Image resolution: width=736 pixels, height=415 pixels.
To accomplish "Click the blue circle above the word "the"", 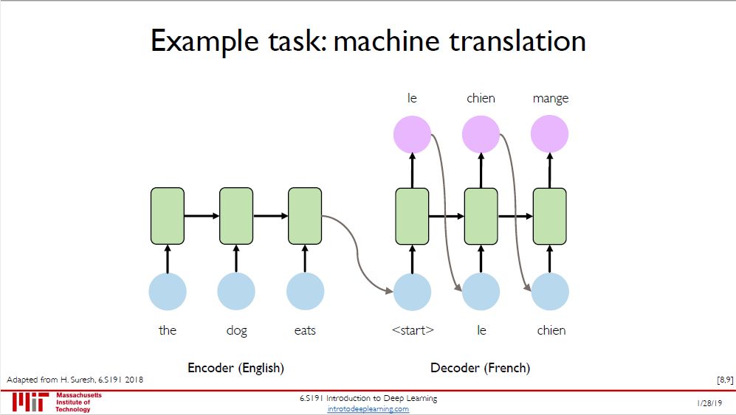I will tap(168, 291).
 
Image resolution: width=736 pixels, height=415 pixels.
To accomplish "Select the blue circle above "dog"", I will tap(236, 291).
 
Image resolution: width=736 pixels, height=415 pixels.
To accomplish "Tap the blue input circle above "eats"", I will tap(305, 291).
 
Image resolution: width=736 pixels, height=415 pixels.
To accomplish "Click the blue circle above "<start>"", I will tap(412, 291).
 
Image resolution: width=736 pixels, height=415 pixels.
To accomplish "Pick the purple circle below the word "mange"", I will tap(550, 134).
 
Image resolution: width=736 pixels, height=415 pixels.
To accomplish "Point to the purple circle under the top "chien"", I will tap(481, 134).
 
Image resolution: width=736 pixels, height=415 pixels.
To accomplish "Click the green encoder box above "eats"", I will tap(305, 216).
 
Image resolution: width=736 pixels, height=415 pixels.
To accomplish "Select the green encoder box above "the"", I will tap(168, 216).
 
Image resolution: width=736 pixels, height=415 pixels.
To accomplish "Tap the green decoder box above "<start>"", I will tap(412, 216).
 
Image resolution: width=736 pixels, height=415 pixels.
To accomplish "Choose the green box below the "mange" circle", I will tap(550, 216).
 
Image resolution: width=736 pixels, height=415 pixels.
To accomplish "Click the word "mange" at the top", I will tap(550, 99).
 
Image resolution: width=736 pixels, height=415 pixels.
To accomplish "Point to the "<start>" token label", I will tap(412, 330).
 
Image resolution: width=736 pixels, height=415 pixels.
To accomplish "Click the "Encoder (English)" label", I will tap(235, 367).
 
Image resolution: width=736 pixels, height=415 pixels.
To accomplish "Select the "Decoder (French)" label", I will tap(480, 367).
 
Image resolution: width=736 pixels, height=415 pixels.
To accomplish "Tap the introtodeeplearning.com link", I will tap(368, 409).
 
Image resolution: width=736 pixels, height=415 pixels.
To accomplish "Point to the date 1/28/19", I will tap(709, 404).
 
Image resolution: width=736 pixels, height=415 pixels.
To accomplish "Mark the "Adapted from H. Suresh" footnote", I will tap(75, 379).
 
